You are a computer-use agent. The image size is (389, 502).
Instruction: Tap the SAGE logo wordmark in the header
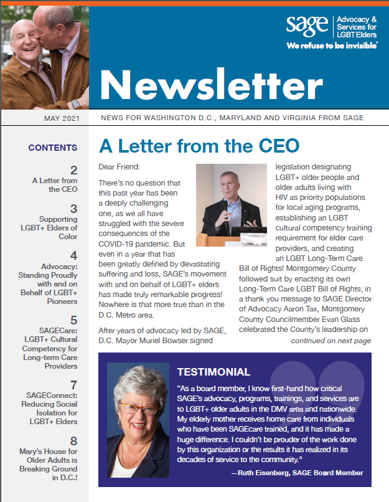coord(307,26)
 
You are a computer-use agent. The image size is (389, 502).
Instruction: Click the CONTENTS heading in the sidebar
coord(53,148)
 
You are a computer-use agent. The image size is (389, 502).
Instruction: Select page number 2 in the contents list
coord(73,170)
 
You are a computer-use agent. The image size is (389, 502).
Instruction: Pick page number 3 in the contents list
coord(73,209)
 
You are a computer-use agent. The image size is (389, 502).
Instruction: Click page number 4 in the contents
coord(73,256)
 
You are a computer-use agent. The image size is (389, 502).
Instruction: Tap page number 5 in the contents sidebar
coord(73,320)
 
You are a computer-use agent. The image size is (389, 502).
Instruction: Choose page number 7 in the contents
coord(73,385)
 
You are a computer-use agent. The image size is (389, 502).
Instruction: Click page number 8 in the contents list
coord(73,441)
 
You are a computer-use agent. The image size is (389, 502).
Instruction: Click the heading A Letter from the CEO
coord(199,146)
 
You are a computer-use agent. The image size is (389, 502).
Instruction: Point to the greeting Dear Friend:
coord(120,167)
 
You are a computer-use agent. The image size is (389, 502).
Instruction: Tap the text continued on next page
coord(330,341)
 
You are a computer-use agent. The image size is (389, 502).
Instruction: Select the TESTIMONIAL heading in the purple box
coord(213,372)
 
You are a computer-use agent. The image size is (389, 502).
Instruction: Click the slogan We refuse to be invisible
coord(332,46)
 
